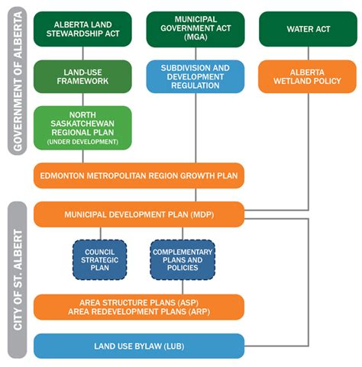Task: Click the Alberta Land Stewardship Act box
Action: tap(82, 28)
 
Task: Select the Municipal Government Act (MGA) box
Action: tap(196, 28)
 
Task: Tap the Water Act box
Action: tap(308, 29)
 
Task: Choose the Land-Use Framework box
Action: tap(82, 76)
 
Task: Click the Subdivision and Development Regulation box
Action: tap(196, 76)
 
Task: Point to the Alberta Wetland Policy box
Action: tap(308, 76)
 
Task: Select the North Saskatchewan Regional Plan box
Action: tap(82, 127)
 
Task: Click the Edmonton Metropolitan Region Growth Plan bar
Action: tap(138, 175)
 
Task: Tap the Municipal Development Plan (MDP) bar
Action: tap(138, 214)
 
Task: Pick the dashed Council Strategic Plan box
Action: tap(99, 259)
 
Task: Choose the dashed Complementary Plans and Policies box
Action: tap(183, 259)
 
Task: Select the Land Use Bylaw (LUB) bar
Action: tap(138, 346)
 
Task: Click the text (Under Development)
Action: tap(82, 143)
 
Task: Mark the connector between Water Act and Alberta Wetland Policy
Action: tap(308, 53)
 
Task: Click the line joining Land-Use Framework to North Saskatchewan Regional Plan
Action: tap(82, 99)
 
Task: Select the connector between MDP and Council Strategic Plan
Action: tap(99, 233)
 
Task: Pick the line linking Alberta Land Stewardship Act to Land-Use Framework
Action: tap(82, 53)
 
